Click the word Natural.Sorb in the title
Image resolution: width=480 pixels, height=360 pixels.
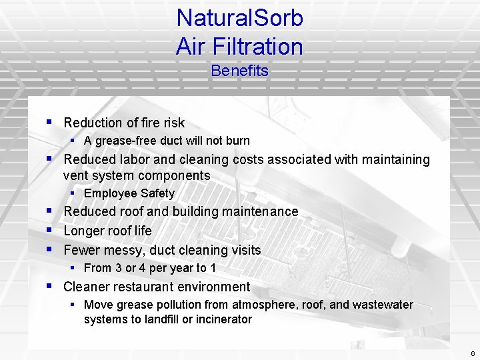click(x=239, y=18)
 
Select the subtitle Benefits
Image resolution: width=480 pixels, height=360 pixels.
click(x=239, y=71)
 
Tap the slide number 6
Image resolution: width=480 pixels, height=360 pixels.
click(x=472, y=353)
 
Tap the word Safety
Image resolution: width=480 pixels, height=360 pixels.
click(x=158, y=193)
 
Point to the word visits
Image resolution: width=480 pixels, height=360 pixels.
click(x=244, y=250)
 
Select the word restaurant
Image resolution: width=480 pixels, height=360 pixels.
click(x=143, y=287)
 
